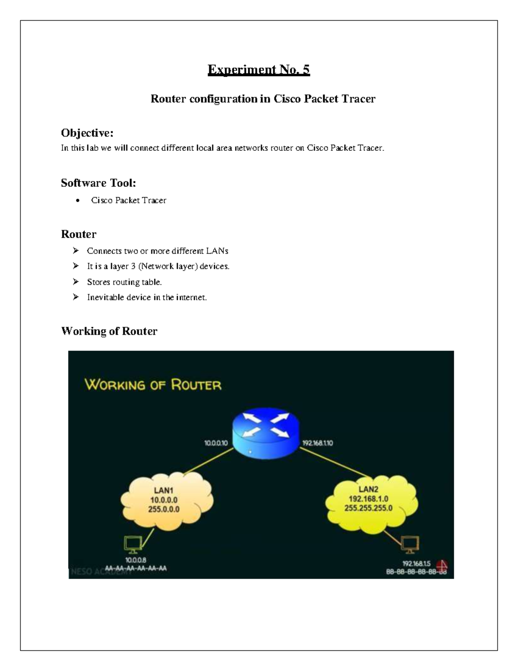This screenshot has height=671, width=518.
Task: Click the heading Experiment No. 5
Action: [x=259, y=70]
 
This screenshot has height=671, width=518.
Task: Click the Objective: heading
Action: [x=87, y=132]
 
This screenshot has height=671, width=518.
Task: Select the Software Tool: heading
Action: [x=98, y=183]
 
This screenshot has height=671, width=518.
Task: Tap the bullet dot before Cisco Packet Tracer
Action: [x=77, y=200]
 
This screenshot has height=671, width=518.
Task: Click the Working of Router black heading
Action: [x=109, y=331]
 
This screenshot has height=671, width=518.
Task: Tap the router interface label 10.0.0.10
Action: [x=216, y=443]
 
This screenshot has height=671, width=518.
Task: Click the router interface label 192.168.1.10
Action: [x=317, y=443]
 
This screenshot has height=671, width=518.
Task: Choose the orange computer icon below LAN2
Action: [x=410, y=544]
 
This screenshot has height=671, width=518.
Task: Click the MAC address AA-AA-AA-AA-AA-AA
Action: [x=136, y=568]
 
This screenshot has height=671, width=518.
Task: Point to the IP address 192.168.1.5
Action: [x=416, y=563]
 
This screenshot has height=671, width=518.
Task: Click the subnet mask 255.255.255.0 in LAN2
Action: [x=368, y=508]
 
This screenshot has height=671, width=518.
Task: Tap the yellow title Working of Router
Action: [x=153, y=385]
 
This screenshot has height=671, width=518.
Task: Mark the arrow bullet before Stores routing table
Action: [x=76, y=282]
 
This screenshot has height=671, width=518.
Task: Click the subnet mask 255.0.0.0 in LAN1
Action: [x=164, y=509]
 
